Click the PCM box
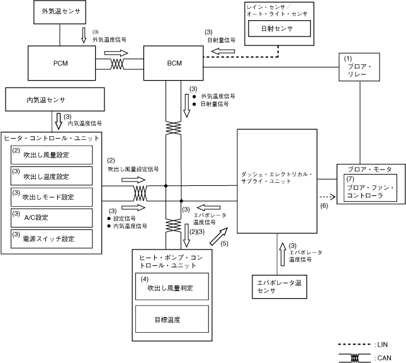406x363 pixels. (x=59, y=64)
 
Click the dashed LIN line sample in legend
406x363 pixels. (x=354, y=344)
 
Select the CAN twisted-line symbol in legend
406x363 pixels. (x=354, y=357)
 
